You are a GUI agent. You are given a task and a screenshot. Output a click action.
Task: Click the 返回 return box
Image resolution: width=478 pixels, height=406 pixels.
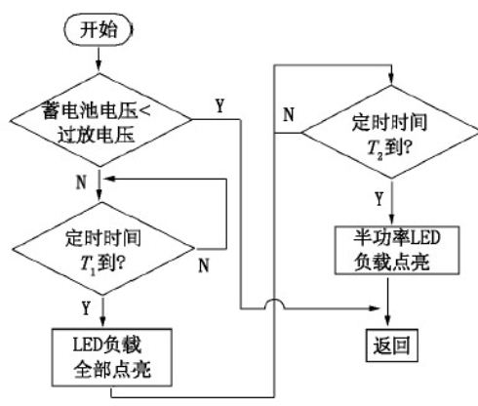[x=390, y=345]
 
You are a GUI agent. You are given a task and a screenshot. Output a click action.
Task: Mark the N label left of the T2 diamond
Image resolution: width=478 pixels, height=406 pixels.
[x=289, y=113]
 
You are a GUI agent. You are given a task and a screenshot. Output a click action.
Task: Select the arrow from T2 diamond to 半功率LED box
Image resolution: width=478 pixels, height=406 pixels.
[x=390, y=208]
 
